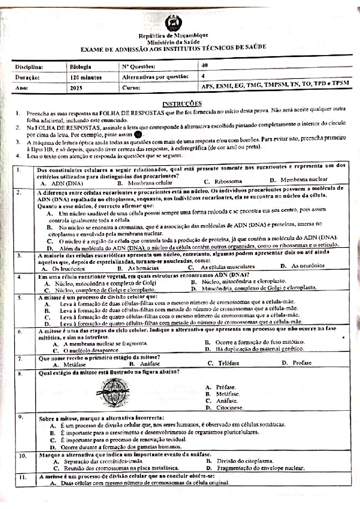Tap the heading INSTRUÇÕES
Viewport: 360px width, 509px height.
[182, 103]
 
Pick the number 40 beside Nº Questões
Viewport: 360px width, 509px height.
[204, 65]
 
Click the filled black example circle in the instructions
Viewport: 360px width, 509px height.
[138, 134]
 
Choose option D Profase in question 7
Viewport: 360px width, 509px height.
[297, 363]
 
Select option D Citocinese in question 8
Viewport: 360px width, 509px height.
[225, 407]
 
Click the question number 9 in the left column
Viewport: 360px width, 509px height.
[21, 417]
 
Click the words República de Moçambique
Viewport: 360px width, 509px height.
[173, 35]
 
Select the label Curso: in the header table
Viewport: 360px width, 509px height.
[130, 88]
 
